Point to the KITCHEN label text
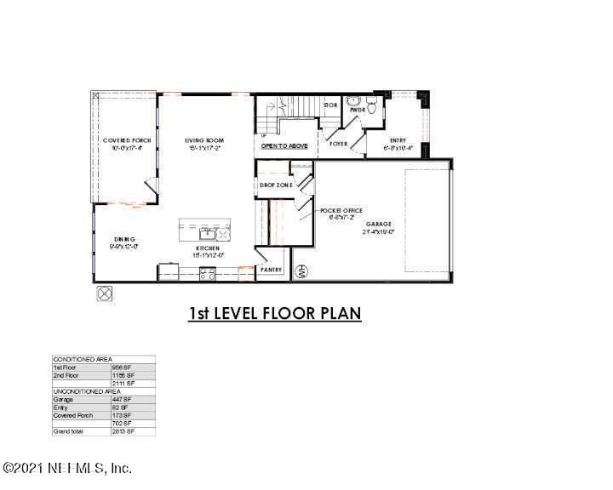click(208, 248)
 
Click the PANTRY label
click(272, 270)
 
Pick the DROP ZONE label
click(276, 185)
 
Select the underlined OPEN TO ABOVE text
click(284, 145)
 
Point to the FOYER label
click(339, 144)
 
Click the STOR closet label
click(330, 105)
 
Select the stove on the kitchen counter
click(207, 273)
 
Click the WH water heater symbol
click(300, 272)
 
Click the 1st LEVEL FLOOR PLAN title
click(275, 314)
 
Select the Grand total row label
click(68, 431)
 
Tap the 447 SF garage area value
click(122, 399)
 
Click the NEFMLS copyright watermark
click(68, 468)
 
